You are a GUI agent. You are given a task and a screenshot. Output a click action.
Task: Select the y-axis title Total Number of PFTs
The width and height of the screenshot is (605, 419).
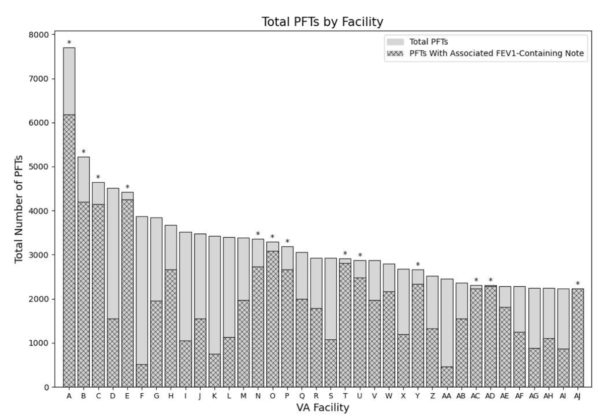coord(19,209)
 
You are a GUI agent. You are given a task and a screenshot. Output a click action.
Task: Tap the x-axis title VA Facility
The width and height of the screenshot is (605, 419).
coord(323,407)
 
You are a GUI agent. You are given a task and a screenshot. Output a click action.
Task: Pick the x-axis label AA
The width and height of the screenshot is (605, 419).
coord(447,396)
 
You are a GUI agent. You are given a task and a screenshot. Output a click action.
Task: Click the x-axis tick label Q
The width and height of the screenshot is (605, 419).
coord(301,396)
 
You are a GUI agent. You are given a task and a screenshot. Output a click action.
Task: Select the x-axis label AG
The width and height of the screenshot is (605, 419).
coord(534,396)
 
